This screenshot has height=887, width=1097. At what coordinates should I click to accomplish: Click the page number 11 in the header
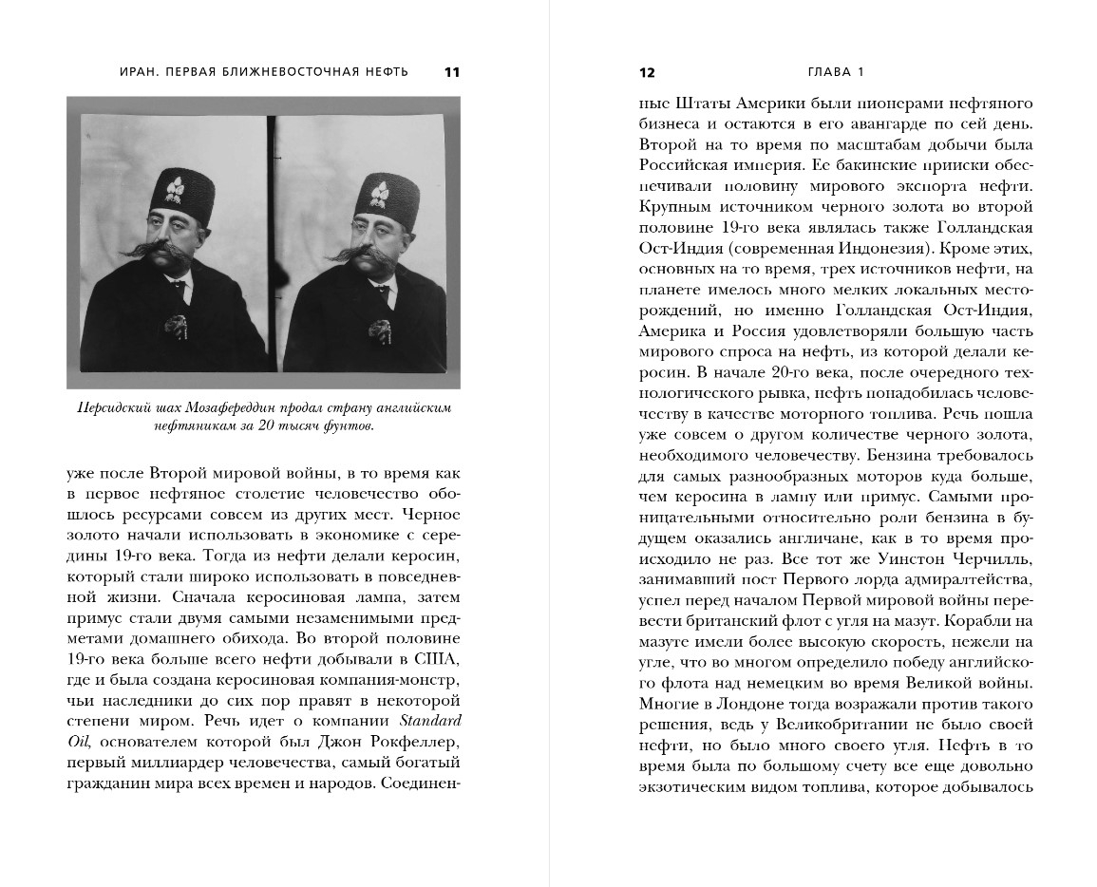tap(451, 72)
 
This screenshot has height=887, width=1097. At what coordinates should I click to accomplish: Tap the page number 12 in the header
tap(647, 72)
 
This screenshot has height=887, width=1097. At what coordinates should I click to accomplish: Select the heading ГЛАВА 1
tap(835, 72)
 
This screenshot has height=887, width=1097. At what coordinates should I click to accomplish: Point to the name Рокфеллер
tap(412, 741)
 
